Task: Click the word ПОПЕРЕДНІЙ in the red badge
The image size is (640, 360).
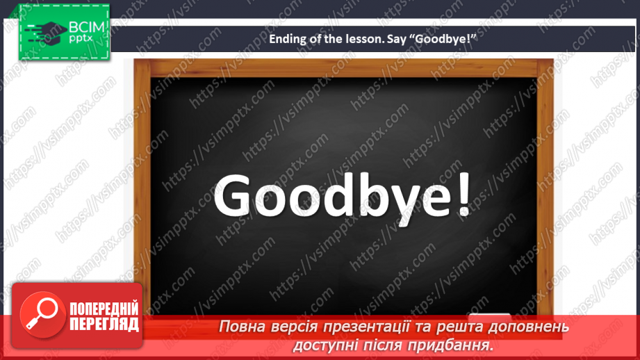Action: (104, 309)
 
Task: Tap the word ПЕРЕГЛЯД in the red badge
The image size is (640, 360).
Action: (104, 324)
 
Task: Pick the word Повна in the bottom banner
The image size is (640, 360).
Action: (243, 327)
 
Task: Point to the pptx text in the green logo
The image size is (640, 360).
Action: (81, 40)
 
